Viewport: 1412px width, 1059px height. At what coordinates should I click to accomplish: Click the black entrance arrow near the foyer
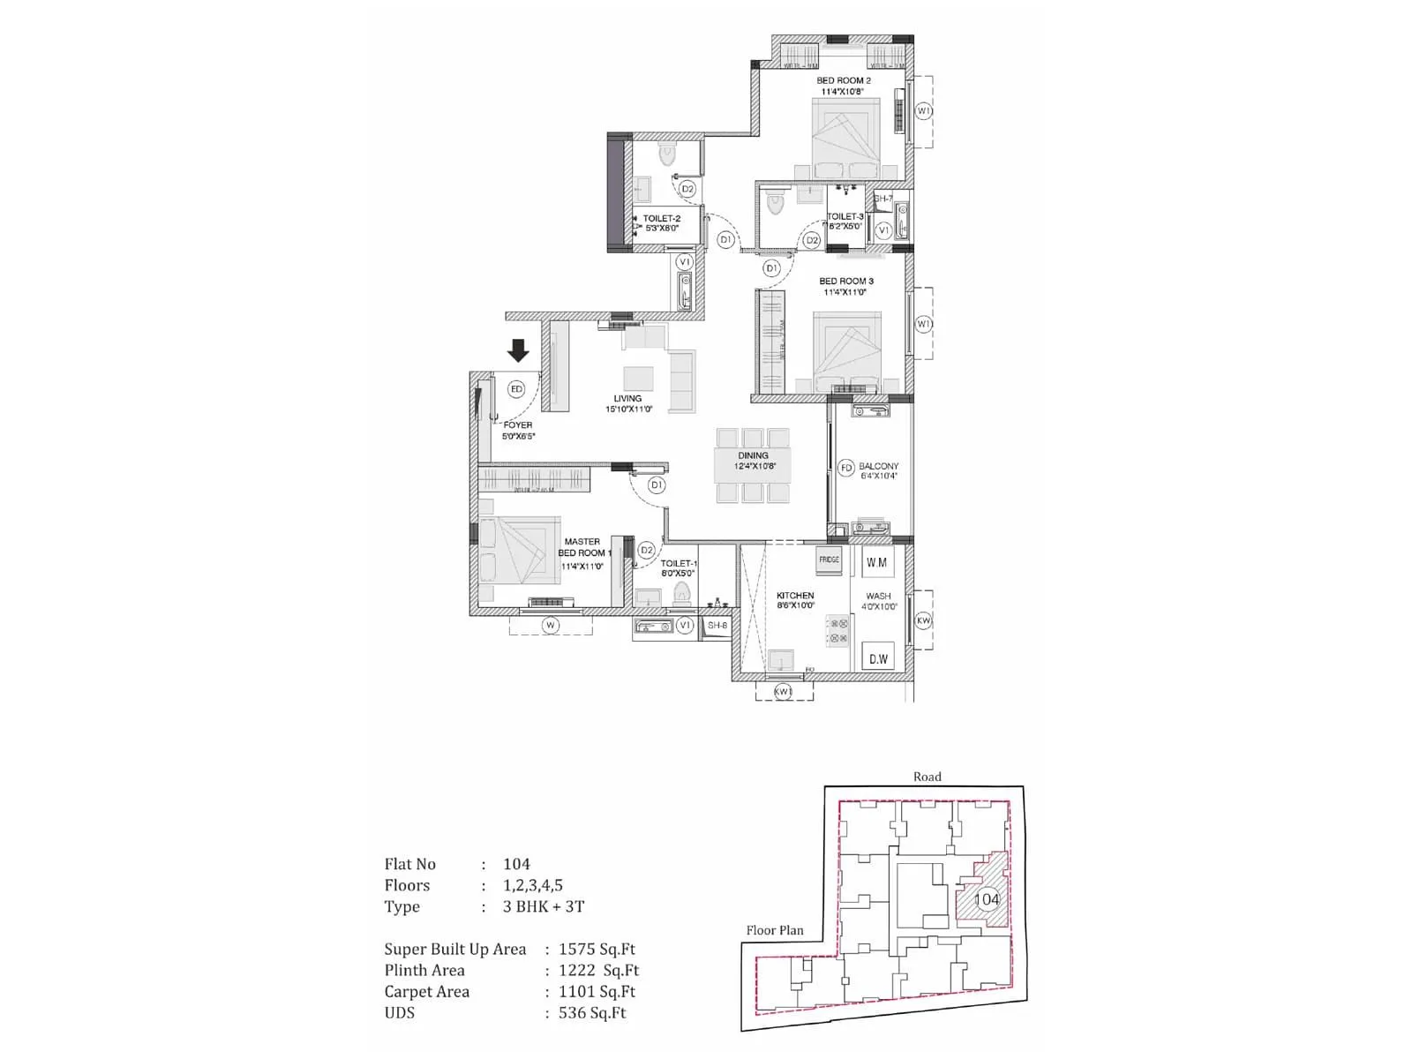coord(518,350)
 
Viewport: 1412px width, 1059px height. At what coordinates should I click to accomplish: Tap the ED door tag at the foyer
coord(516,389)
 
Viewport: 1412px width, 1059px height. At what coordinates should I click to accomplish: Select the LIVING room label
coord(627,399)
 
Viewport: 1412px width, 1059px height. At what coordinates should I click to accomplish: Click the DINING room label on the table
coord(753,456)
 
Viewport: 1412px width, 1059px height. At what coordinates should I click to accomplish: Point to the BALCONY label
coord(878,466)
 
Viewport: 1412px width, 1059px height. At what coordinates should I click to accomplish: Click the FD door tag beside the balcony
coord(846,468)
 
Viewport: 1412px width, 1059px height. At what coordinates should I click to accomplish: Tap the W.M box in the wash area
coord(876,562)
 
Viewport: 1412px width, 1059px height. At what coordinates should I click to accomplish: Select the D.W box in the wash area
coord(878,658)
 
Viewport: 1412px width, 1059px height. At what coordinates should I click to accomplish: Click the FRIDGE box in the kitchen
coord(829,560)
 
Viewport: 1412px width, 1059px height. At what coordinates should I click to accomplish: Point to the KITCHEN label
coord(795,596)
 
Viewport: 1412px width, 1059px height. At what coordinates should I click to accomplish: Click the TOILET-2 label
coord(661,219)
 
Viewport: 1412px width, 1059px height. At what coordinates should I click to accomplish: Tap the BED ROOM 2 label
coord(843,80)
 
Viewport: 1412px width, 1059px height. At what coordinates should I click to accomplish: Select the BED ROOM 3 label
coord(845,282)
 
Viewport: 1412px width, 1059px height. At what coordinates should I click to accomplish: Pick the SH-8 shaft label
coord(717,626)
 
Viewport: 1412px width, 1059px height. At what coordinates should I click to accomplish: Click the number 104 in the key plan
coord(987,899)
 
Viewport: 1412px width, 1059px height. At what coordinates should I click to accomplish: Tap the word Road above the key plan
coord(927,777)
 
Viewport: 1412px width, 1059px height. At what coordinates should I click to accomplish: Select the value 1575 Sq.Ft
coord(597,950)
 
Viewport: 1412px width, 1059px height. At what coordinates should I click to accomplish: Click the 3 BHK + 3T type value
coord(544,906)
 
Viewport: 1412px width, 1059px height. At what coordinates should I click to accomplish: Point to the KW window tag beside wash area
coord(923,620)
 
